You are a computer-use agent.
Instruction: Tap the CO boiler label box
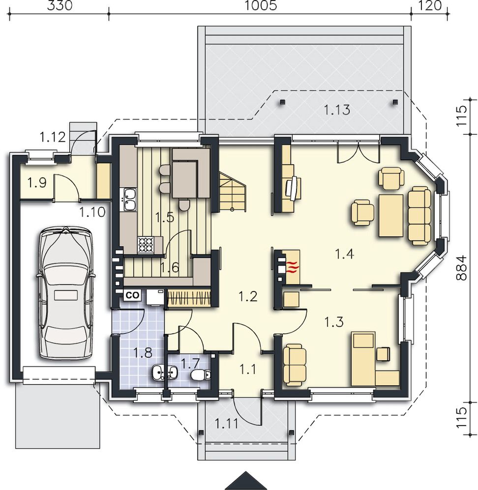132,295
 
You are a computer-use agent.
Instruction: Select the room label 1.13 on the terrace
336,110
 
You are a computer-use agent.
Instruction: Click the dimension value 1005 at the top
260,5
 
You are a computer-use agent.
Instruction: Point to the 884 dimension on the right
461,268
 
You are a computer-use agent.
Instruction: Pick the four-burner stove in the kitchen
146,245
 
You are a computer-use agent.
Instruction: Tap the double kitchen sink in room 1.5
129,199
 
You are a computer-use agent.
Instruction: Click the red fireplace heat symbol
291,268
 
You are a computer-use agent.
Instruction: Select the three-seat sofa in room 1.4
419,216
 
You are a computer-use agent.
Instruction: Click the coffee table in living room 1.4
391,216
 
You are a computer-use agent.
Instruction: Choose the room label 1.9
37,182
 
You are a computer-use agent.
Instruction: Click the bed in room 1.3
363,358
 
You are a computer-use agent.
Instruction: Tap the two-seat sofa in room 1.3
295,365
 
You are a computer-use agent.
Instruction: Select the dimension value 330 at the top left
60,5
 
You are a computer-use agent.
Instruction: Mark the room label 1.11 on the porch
226,424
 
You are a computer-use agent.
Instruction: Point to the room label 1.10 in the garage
92,212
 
